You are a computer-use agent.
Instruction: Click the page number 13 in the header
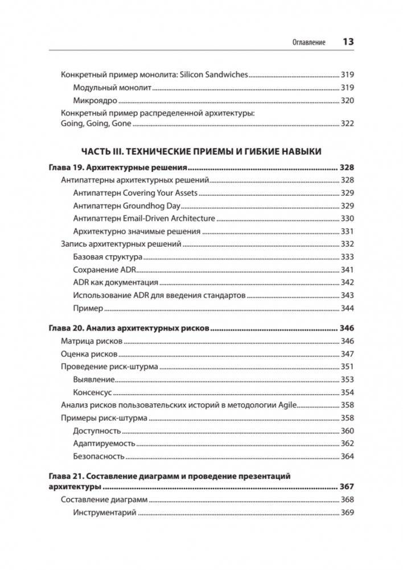348,42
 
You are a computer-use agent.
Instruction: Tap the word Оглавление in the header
308,43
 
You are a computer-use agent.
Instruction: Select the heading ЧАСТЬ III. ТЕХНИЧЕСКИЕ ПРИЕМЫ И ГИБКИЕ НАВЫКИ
201,151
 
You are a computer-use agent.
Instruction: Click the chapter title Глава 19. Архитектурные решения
117,168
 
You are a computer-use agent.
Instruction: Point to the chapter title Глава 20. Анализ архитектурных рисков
129,329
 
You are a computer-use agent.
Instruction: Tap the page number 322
347,124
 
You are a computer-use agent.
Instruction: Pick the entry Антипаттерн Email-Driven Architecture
144,219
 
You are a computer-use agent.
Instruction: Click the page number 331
347,232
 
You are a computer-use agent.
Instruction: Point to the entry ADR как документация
116,282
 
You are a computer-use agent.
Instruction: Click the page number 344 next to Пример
347,308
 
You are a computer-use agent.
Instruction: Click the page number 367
347,487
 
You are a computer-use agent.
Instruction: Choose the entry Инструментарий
105,513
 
